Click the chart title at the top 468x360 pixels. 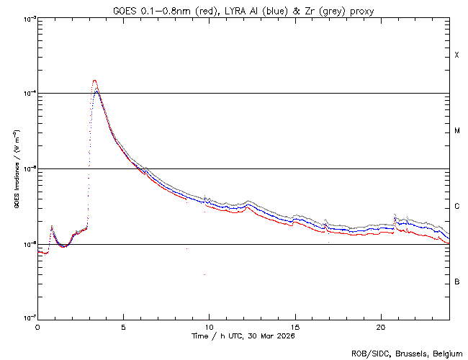tap(243, 9)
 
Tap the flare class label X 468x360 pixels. tap(457, 55)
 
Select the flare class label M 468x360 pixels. tap(457, 131)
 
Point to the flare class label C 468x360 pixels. tap(457, 207)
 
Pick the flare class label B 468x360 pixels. tap(457, 282)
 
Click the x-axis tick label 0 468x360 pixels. tap(37, 326)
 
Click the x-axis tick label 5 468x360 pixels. tap(123, 326)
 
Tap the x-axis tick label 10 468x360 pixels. tap(210, 326)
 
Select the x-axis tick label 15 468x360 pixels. tap(295, 326)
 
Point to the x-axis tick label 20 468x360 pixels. tap(381, 326)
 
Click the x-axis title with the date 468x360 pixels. tap(243, 336)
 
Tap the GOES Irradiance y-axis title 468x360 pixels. tap(16, 169)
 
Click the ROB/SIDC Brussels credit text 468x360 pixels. tap(406, 353)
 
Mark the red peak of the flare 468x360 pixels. tap(94, 81)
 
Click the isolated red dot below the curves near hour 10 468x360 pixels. tap(204, 274)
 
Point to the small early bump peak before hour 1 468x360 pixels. tap(51, 226)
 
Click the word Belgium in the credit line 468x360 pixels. tap(447, 353)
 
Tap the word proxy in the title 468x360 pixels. tap(359, 9)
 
